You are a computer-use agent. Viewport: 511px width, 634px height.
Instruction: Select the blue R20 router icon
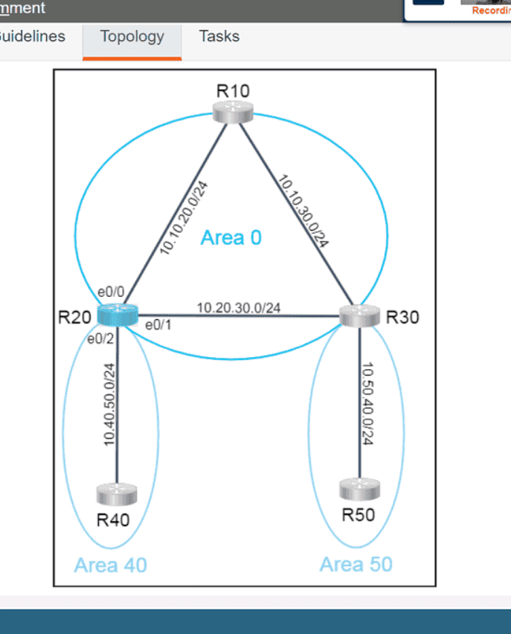(118, 316)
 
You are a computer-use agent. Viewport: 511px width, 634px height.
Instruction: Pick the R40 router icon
(117, 493)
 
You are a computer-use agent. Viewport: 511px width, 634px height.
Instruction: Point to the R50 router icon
(359, 489)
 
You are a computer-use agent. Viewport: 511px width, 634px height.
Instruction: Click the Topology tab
(132, 36)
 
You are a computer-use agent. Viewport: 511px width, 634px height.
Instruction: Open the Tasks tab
(219, 36)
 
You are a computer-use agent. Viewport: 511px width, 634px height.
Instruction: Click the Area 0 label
(231, 237)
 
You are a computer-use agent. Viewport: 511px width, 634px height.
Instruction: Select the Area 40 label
(110, 566)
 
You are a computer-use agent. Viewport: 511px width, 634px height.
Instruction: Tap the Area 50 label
(356, 564)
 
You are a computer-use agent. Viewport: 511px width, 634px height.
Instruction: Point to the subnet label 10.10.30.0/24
(303, 211)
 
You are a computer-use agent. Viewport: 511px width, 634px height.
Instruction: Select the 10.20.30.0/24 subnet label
(239, 307)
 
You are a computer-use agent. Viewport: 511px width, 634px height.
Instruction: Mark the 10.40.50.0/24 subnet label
(109, 404)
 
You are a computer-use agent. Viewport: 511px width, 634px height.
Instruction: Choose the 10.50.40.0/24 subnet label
(367, 404)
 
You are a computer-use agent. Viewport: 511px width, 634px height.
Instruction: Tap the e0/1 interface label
(157, 324)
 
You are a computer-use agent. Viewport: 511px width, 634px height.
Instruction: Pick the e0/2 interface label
(100, 339)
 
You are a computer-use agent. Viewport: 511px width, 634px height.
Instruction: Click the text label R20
(74, 317)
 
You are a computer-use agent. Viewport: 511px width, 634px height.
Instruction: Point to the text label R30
(402, 317)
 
